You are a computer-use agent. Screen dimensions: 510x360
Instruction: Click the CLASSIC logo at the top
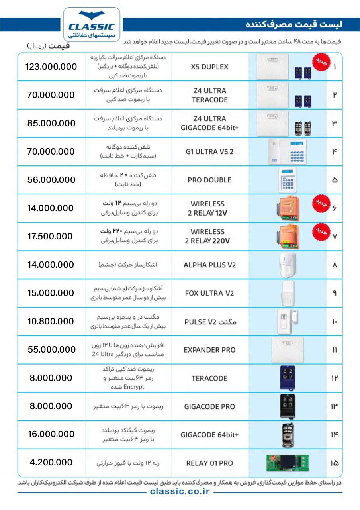tap(92, 25)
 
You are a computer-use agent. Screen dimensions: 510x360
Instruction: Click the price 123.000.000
tap(51, 67)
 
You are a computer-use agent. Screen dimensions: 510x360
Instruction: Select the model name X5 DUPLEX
tap(209, 67)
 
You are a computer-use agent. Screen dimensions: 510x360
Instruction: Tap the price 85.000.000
tap(51, 123)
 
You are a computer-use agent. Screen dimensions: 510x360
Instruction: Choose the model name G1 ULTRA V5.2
tap(209, 151)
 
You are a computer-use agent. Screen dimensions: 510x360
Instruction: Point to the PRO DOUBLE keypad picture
tap(288, 180)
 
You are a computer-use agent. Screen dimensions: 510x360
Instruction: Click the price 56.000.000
tap(51, 180)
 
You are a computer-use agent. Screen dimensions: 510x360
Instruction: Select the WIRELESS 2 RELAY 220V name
tap(207, 236)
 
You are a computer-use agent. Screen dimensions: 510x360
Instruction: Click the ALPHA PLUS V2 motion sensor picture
tap(287, 265)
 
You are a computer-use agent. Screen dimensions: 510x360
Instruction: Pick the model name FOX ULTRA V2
tap(209, 293)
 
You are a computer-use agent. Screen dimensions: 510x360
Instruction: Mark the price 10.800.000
tap(51, 321)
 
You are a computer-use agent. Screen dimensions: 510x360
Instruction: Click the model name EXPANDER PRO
tap(209, 350)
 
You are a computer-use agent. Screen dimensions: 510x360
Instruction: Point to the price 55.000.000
tap(51, 350)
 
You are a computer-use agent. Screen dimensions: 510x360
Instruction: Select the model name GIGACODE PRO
tap(209, 406)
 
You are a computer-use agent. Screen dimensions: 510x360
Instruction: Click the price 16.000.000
tap(51, 434)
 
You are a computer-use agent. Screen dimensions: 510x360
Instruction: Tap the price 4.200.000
tap(51, 463)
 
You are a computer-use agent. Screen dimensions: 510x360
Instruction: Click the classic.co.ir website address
tap(180, 492)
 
